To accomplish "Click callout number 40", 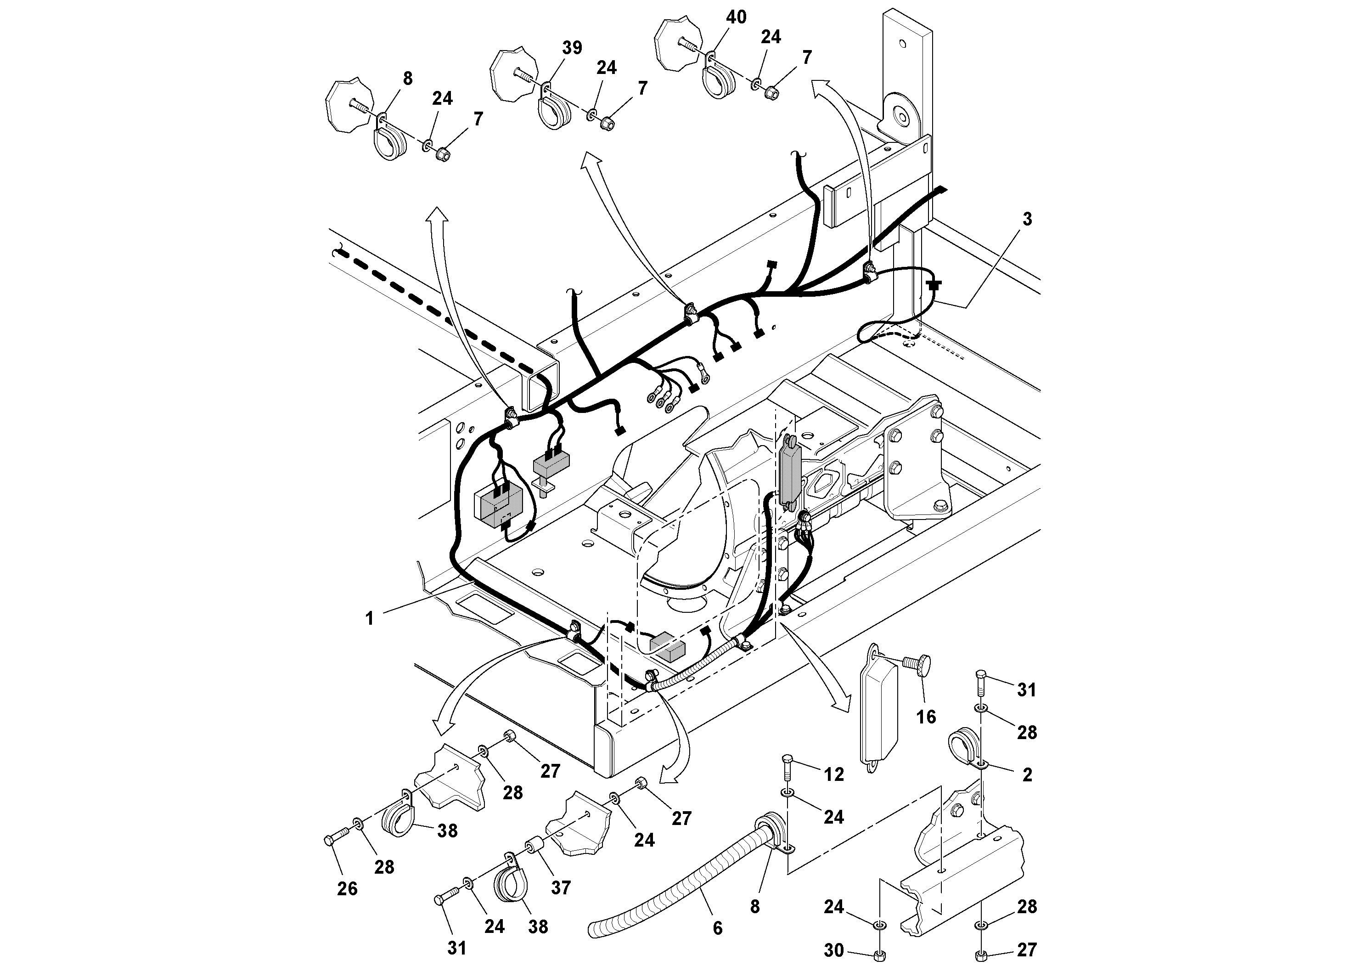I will (736, 17).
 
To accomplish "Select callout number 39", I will (572, 48).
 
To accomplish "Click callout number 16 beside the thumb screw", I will (926, 717).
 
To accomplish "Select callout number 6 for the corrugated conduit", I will (717, 927).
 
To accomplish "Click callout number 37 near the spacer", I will (561, 887).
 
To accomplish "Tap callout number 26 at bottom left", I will (347, 888).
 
